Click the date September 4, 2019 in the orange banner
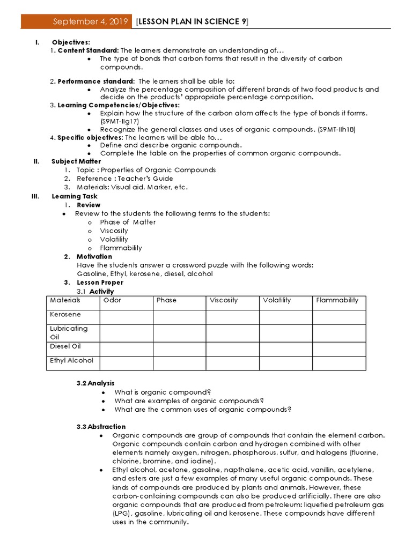[x=90, y=21]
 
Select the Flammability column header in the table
[x=337, y=300]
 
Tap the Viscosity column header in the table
[x=224, y=300]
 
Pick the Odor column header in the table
[x=112, y=300]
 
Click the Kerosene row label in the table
[x=65, y=314]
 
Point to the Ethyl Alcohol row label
[x=71, y=360]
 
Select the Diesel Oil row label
[x=65, y=346]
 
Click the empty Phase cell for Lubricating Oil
[x=179, y=332]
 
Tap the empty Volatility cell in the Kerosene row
[x=285, y=316]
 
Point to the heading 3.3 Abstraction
[x=101, y=427]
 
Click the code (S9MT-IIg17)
[x=119, y=122]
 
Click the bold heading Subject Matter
[x=76, y=161]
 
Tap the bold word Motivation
[x=94, y=256]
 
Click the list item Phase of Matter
[x=128, y=222]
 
